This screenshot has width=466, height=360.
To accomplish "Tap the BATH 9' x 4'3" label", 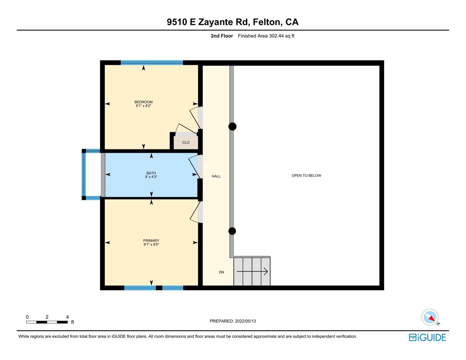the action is click(151, 175).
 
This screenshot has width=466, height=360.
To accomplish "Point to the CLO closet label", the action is click(186, 142).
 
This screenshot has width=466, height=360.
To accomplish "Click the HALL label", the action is click(216, 176).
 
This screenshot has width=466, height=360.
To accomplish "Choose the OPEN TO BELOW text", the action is click(306, 175).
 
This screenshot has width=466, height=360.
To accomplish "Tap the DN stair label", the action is click(221, 272).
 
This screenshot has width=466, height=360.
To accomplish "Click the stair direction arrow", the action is click(252, 271).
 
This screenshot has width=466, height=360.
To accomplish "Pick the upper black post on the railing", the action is click(233, 127).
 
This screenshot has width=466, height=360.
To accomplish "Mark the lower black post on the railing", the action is click(232, 231).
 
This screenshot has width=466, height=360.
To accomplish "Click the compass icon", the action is click(430, 317).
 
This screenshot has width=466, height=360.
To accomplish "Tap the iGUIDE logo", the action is click(427, 337).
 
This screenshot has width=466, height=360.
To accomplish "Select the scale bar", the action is click(47, 322).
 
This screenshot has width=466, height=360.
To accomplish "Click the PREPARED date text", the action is click(233, 321).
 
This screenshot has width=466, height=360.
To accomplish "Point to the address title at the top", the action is click(233, 22).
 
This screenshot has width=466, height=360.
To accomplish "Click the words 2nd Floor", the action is click(222, 36).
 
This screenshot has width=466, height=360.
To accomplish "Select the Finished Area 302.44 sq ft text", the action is click(266, 36).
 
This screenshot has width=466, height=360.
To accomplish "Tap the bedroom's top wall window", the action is click(152, 63).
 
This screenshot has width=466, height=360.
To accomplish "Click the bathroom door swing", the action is click(194, 167).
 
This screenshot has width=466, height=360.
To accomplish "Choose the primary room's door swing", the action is click(195, 212).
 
